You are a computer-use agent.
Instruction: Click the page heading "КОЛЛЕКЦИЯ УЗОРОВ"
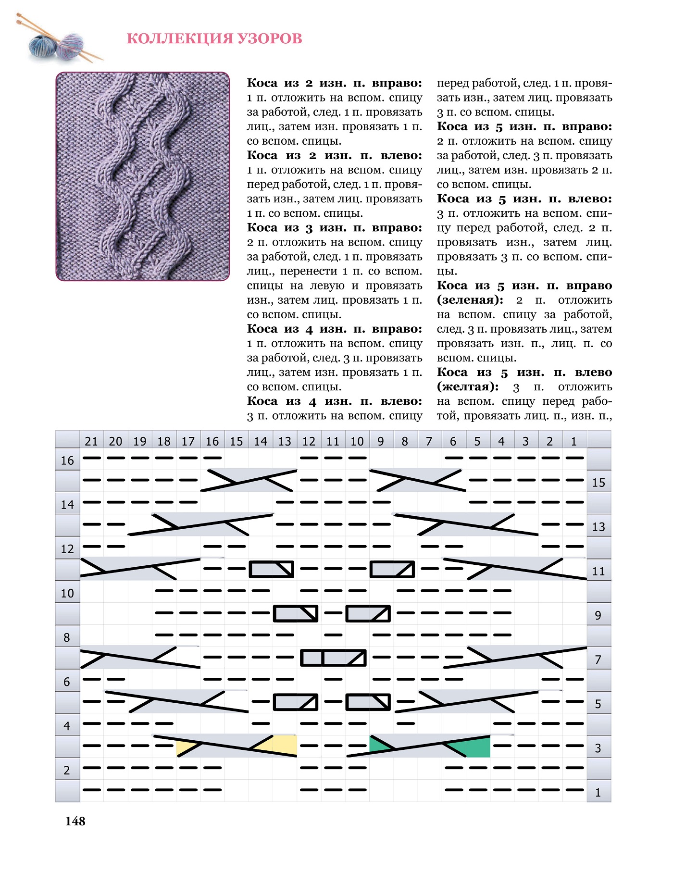click(214, 38)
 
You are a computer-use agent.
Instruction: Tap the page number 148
click(75, 821)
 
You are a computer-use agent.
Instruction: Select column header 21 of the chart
click(91, 441)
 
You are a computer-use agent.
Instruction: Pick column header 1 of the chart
click(573, 441)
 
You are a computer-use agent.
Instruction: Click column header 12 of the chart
click(309, 441)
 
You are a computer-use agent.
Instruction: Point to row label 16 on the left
click(67, 460)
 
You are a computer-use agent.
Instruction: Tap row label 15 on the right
click(598, 483)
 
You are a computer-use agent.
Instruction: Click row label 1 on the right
click(598, 793)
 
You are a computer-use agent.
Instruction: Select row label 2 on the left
click(67, 770)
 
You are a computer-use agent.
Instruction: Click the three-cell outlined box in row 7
click(333, 658)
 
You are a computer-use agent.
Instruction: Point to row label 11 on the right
click(598, 571)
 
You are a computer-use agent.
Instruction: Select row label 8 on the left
click(67, 637)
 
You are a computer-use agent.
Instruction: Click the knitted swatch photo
click(143, 176)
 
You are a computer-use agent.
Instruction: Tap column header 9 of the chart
click(381, 441)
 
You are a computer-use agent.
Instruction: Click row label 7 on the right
click(598, 659)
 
